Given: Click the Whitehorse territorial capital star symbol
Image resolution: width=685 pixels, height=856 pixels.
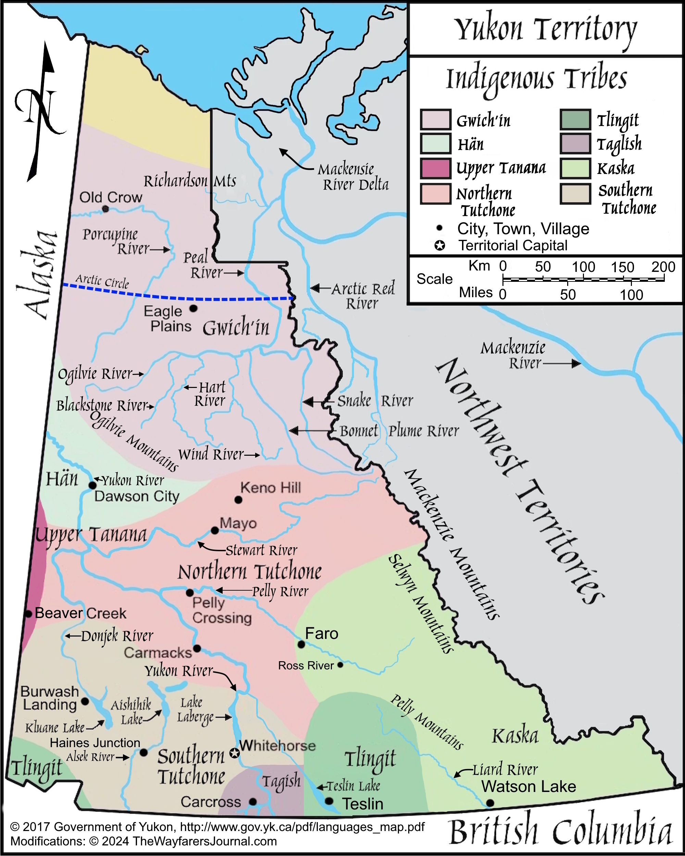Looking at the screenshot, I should pos(235,753).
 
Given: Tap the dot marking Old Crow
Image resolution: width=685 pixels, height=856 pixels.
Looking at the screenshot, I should pos(105,209).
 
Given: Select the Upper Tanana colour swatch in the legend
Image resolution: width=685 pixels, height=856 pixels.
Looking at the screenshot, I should pos(436,168).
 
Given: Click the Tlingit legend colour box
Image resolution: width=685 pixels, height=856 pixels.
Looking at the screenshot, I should pos(575,119).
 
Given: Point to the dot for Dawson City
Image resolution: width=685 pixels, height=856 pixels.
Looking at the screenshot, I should pos(92,485).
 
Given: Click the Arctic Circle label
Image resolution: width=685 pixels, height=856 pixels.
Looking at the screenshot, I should pos(102,281).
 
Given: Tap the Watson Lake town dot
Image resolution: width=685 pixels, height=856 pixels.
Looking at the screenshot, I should pos(490,803).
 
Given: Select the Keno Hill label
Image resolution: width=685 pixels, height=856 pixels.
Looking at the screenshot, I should pos(271,488).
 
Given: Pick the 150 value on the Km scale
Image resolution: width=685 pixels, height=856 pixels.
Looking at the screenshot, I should pos(622,267).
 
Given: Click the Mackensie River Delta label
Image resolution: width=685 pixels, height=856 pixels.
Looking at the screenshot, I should pos(353,177).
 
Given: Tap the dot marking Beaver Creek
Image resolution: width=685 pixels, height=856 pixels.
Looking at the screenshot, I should pos(28,614).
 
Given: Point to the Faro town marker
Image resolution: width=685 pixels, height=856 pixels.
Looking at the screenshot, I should pos(301,644).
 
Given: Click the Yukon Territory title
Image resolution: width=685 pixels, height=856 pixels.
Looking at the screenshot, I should pos(546,29).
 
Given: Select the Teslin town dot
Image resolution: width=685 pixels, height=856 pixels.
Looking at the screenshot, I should pos(329,801).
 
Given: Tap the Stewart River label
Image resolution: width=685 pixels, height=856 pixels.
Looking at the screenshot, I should pos(261,550).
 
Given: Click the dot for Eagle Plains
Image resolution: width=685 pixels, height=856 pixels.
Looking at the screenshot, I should pos(194,308).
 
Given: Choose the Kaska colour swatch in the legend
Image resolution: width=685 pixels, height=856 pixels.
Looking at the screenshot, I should pos(575,168).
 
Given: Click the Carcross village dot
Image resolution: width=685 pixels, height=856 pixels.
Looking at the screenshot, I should pos(252,802).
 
